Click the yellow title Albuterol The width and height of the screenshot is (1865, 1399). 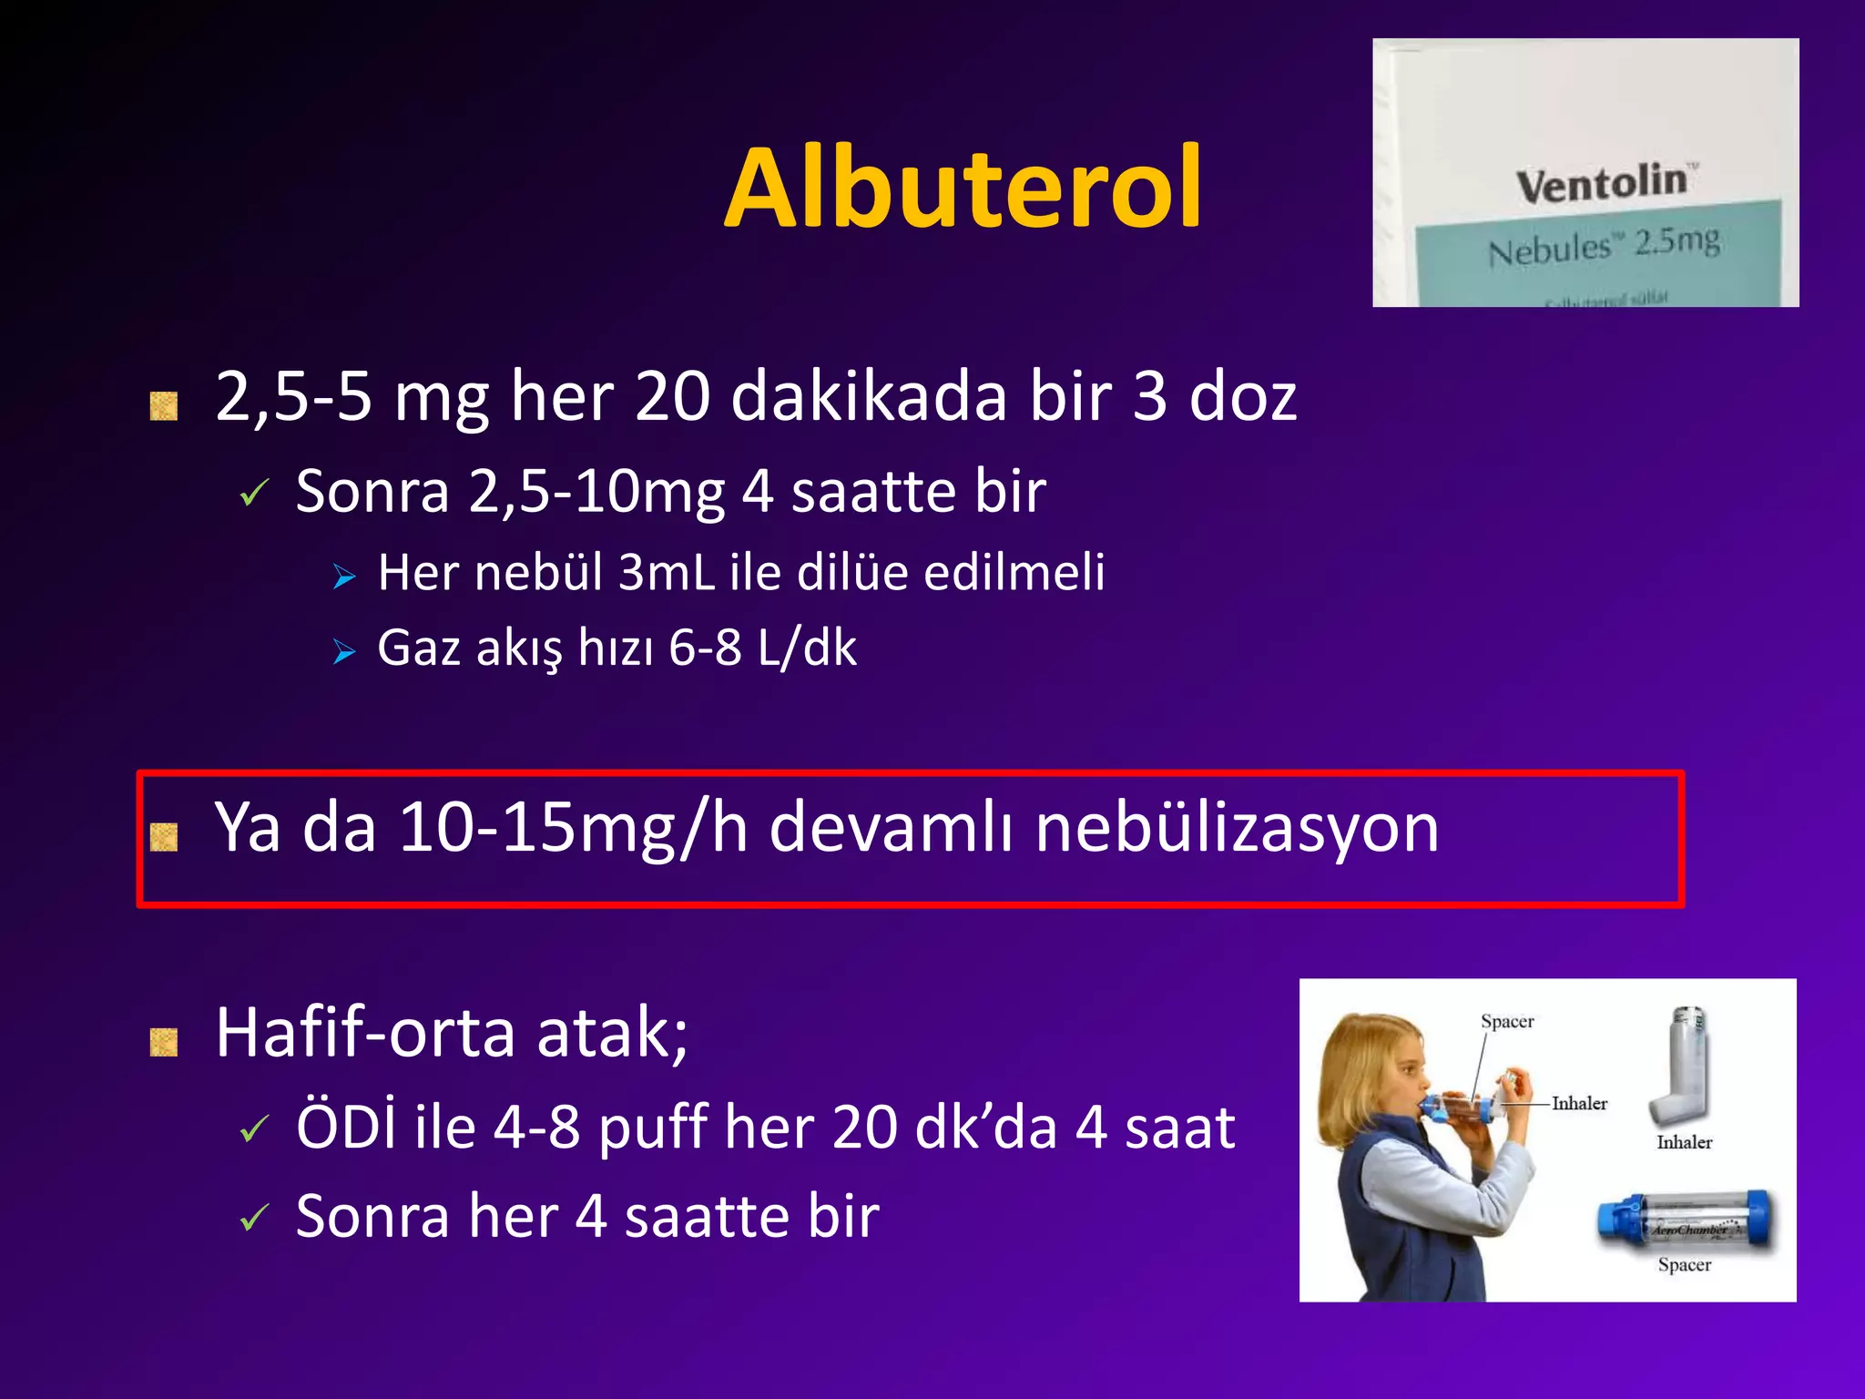[963, 189]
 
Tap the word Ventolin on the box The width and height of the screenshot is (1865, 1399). [1602, 183]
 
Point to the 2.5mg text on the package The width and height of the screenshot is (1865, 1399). [1676, 241]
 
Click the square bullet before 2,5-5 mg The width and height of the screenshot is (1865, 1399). [164, 405]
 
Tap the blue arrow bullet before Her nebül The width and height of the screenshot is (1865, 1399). [344, 576]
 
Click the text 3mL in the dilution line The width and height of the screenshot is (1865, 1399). [666, 572]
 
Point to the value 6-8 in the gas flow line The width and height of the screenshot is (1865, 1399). [705, 648]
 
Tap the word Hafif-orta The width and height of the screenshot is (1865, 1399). [365, 1032]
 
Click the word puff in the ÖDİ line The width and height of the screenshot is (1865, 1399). [652, 1128]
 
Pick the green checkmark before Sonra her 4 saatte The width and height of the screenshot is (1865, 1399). [254, 1218]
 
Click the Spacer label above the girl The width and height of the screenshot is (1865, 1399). [1507, 1021]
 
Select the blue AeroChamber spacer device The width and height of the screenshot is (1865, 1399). [1685, 1220]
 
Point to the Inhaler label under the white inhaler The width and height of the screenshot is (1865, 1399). [1684, 1142]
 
